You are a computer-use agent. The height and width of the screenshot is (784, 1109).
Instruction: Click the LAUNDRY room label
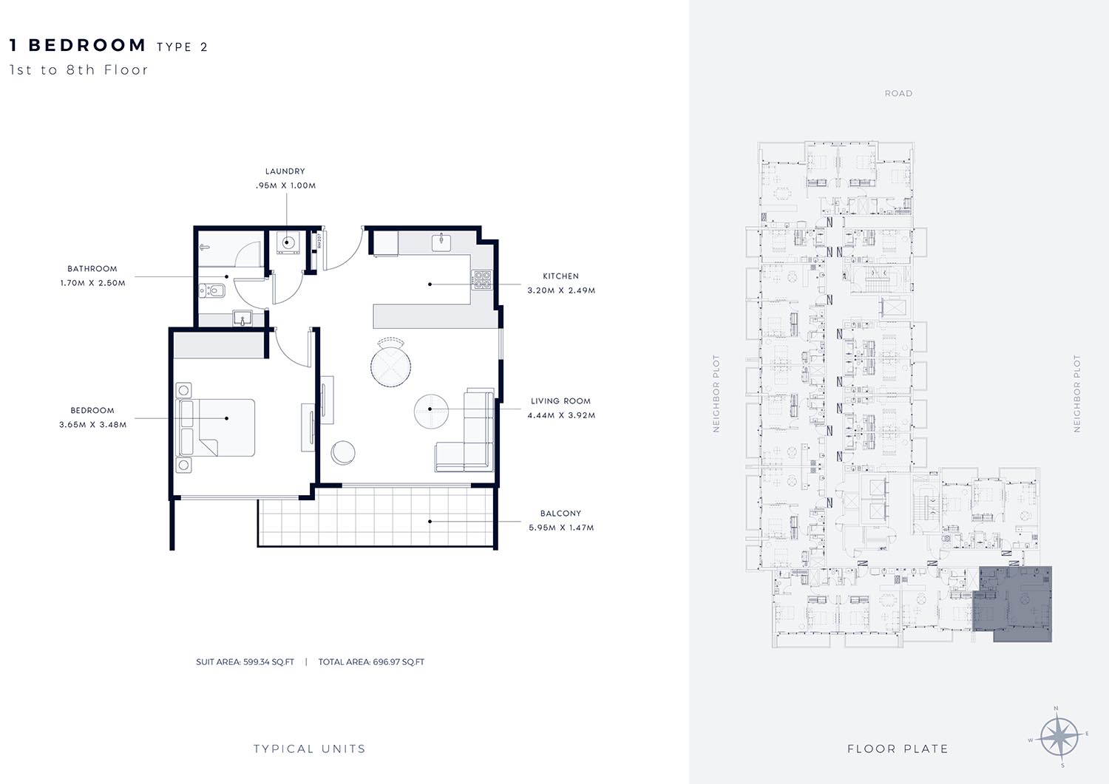tap(285, 171)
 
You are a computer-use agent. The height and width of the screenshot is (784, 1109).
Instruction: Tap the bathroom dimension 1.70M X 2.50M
tap(92, 283)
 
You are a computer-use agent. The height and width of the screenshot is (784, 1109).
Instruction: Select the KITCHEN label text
tap(560, 276)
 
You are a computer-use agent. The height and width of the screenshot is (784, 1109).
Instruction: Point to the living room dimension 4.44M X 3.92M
tap(561, 415)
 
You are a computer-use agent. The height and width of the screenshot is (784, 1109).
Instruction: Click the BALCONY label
tap(560, 514)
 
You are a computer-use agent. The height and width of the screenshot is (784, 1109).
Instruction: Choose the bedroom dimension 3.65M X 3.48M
tap(92, 425)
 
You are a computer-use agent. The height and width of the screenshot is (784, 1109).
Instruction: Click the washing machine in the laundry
tap(287, 242)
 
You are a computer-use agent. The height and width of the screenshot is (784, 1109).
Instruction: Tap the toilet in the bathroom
tap(213, 290)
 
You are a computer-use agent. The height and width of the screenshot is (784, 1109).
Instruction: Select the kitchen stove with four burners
tap(481, 279)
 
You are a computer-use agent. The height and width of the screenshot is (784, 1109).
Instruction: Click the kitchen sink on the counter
tap(441, 242)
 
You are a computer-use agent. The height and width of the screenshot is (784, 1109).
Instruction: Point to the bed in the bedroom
tap(217, 428)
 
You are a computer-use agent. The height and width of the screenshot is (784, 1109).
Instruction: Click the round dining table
tap(390, 367)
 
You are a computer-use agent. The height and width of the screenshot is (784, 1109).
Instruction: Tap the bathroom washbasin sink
tap(242, 318)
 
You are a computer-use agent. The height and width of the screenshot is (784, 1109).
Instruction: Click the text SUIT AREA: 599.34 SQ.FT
tap(245, 662)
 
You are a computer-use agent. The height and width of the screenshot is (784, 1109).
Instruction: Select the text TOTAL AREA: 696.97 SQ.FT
tap(371, 662)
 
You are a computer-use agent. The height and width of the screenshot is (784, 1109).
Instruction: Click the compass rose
tap(1059, 737)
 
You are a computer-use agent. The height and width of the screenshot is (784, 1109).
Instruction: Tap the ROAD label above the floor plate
tap(898, 94)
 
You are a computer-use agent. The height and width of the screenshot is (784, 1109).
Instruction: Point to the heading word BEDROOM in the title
tap(87, 45)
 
